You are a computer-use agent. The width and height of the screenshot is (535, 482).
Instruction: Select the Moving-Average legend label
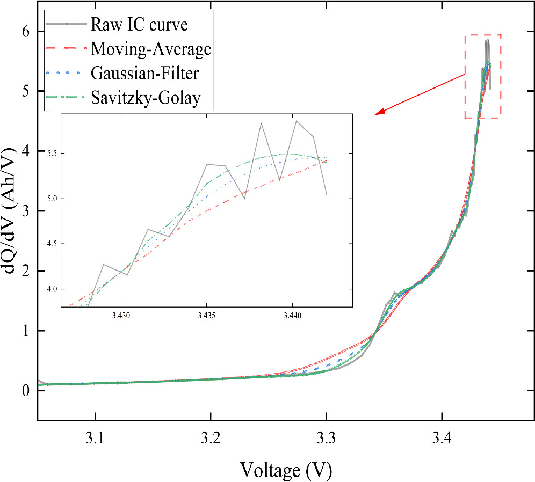[151, 49]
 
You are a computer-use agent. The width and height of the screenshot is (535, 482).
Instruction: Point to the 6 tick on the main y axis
[25, 32]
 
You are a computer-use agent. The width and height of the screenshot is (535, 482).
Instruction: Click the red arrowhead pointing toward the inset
[379, 112]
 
